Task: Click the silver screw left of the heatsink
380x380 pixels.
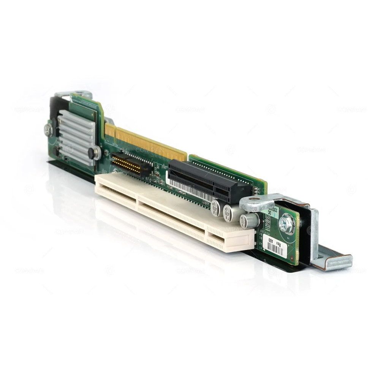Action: [x=48, y=130]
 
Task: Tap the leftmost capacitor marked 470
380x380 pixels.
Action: [x=215, y=207]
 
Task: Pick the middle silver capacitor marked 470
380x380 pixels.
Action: [x=229, y=212]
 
